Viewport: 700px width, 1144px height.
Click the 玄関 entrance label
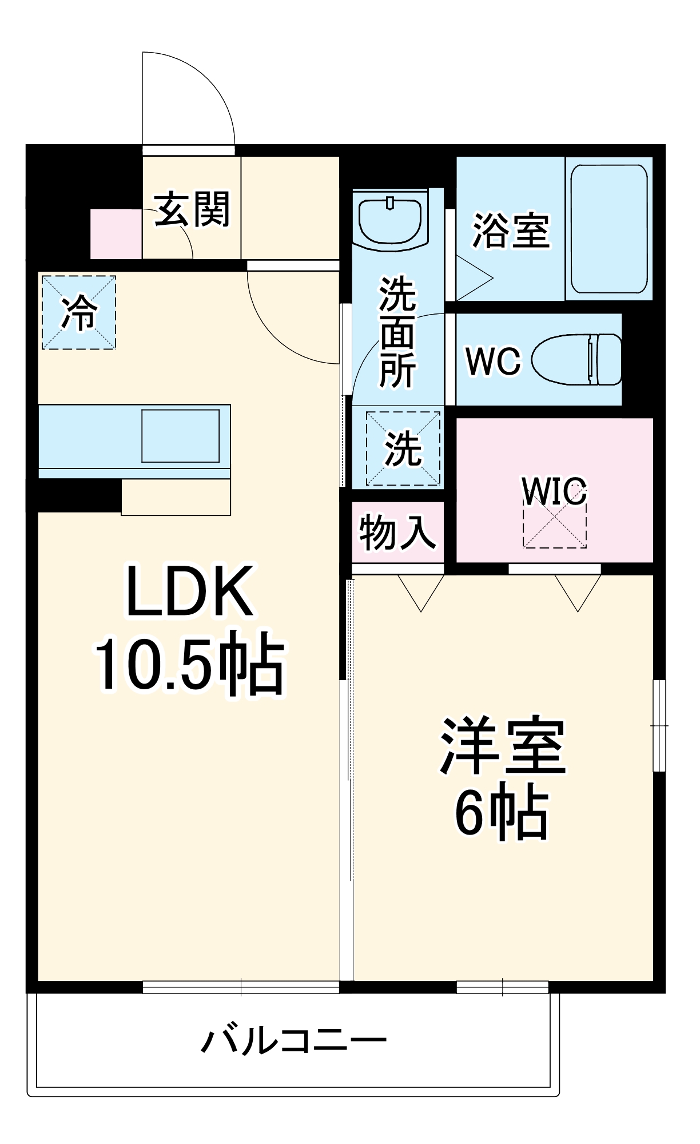(192, 209)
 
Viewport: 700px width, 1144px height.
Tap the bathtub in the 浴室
(609, 229)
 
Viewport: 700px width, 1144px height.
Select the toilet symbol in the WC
(578, 359)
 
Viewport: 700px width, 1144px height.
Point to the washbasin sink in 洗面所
(390, 220)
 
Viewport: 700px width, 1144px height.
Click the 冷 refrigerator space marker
(79, 313)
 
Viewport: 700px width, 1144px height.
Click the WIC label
(554, 491)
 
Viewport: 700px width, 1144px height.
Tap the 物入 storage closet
(397, 533)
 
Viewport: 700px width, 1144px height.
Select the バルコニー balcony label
(293, 1040)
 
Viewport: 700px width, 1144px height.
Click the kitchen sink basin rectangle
(181, 436)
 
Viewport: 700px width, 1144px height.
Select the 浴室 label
(511, 231)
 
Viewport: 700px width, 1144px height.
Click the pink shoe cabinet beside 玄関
(116, 234)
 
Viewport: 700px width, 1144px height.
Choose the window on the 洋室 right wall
(659, 725)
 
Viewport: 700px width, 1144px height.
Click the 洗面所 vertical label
(397, 332)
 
